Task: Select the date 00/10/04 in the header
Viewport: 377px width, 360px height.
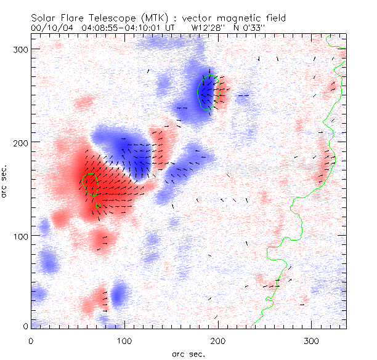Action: point(49,28)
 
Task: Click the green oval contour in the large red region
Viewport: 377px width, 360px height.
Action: point(90,185)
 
